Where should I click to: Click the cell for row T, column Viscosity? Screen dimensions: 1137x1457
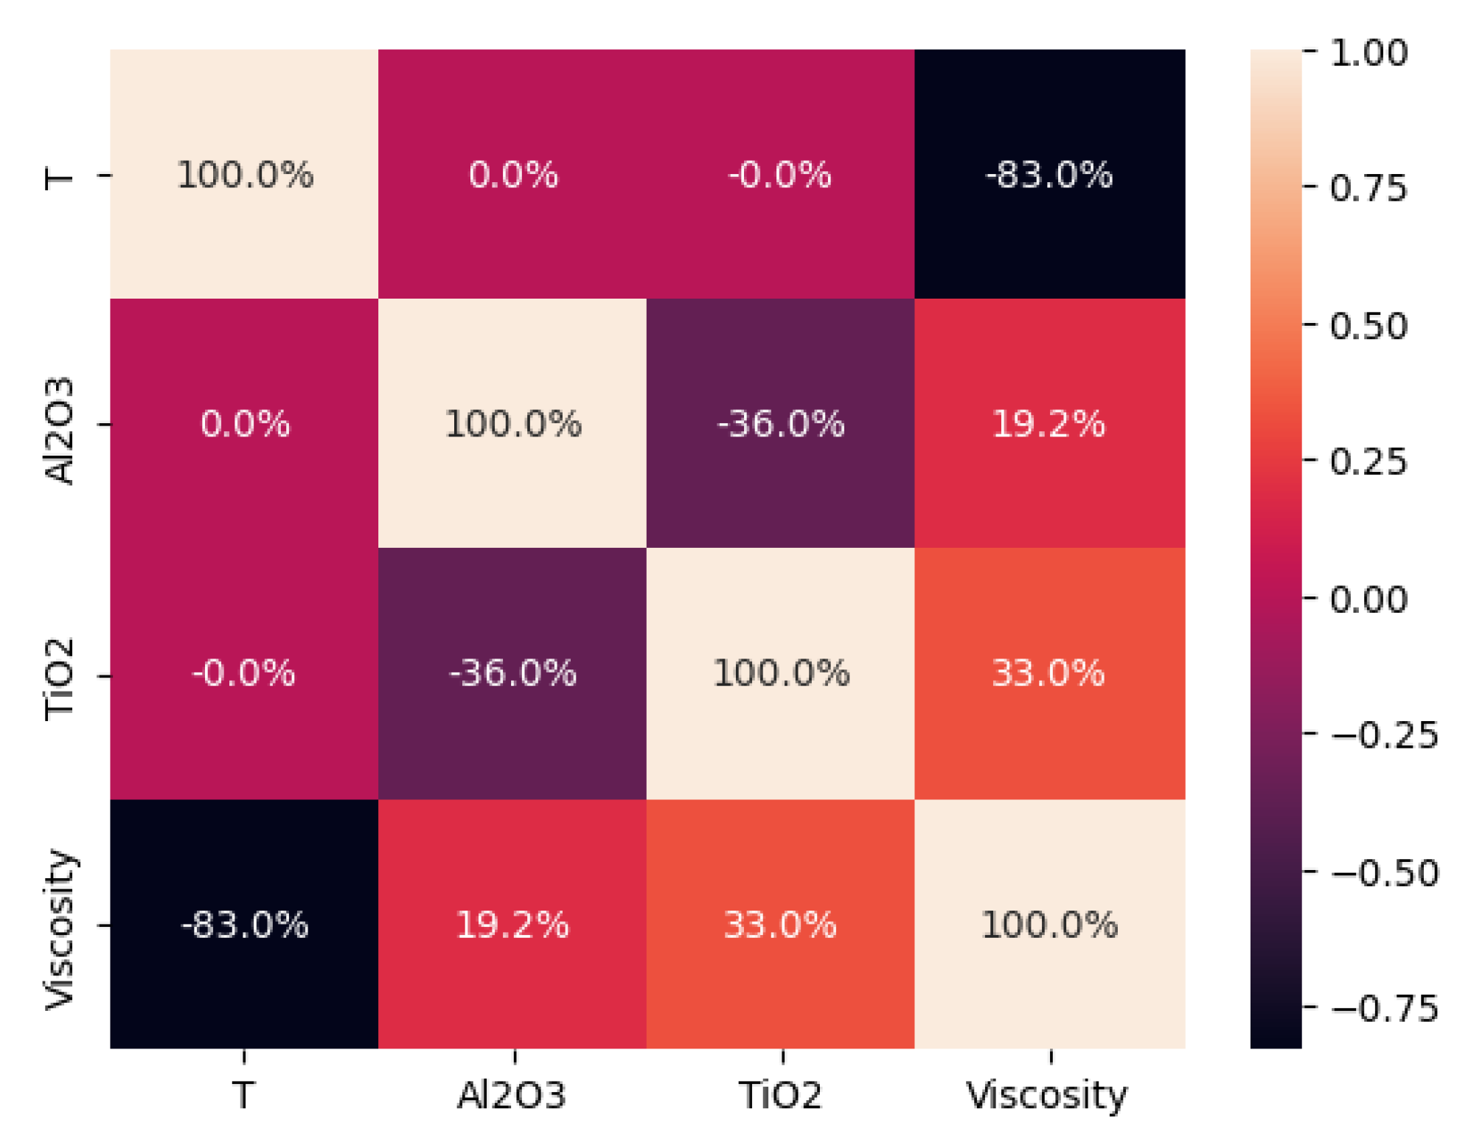coord(1049,175)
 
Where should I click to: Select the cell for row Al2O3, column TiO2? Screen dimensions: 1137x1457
coord(780,424)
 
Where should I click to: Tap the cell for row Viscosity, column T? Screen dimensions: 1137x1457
coord(244,924)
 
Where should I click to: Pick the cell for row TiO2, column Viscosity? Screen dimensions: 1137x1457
coord(1049,673)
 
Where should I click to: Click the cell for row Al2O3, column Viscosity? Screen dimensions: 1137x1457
coord(1049,424)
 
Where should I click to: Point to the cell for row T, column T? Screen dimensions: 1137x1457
coord(244,175)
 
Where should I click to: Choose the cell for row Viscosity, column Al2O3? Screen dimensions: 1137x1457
coord(512,924)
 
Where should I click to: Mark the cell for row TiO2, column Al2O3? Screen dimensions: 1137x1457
coord(512,673)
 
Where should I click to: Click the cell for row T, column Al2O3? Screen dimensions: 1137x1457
coord(512,175)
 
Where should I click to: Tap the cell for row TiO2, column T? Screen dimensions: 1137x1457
coord(244,673)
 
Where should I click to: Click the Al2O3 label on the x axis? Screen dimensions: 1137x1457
coord(512,1095)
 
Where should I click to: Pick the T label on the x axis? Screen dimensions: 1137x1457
coord(244,1095)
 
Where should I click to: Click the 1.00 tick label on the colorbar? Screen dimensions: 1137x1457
coord(1369,53)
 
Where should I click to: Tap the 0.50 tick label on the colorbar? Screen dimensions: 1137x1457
coord(1369,326)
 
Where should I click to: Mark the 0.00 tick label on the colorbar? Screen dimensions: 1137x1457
coord(1369,599)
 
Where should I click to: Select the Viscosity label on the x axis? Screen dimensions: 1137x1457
coord(1047,1095)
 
